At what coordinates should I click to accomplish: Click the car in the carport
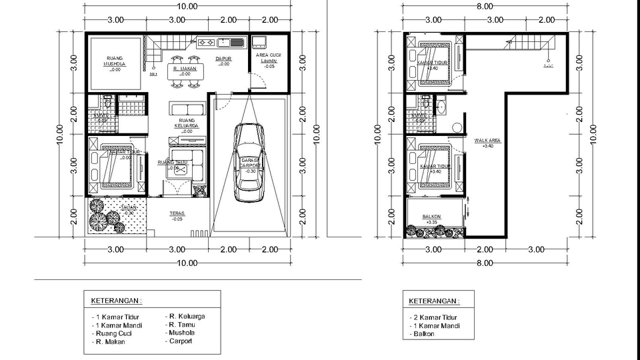click(249, 163)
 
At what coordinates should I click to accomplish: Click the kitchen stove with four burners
click(206, 43)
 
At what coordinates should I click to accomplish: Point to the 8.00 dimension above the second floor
click(485, 6)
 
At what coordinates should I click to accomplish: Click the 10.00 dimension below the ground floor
click(187, 263)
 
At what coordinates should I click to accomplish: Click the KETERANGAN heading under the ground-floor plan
click(117, 300)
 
